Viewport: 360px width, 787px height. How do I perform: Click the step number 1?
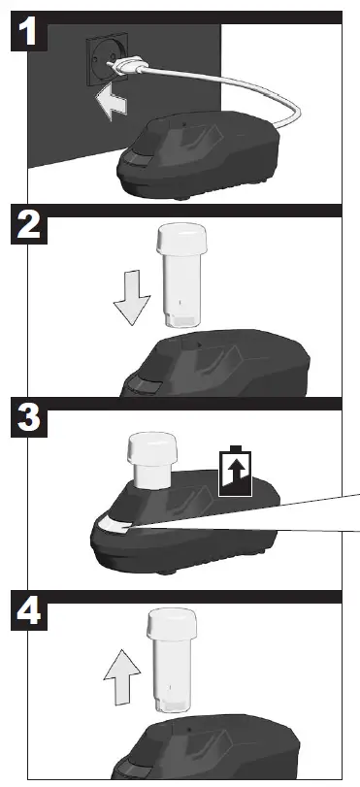click(32, 36)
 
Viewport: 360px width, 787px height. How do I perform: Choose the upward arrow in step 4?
click(120, 677)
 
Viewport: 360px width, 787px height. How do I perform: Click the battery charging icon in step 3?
click(235, 471)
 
